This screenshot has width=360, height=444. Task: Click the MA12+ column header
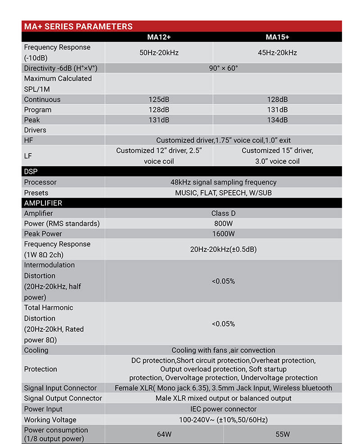point(159,37)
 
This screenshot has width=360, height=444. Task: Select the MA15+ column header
point(277,37)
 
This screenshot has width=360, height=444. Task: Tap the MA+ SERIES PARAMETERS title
point(78,26)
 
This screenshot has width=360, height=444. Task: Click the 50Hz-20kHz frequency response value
point(159,53)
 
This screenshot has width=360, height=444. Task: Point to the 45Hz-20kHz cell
point(277,53)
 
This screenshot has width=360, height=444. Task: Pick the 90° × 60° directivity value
point(223,68)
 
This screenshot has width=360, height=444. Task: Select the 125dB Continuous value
point(159,100)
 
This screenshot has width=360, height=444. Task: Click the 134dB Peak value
point(277,120)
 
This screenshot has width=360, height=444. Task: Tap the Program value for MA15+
point(277,110)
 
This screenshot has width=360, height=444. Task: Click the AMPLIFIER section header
point(43,203)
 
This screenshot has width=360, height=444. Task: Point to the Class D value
point(223,213)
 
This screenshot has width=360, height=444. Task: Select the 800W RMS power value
point(223,224)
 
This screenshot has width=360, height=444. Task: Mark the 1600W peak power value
point(223,234)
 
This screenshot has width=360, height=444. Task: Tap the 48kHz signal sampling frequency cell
point(223,182)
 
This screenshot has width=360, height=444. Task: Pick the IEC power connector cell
point(223,409)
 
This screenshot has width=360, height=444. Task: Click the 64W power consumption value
point(164,435)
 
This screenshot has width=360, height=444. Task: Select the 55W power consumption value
point(283,435)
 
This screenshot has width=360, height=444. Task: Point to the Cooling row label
point(36,350)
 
